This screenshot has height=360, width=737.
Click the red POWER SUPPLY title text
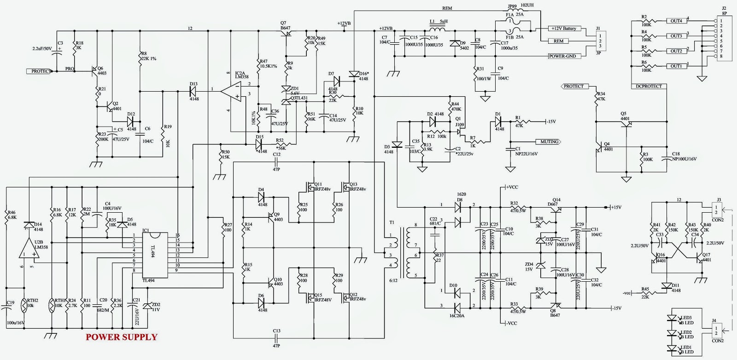coord(122,337)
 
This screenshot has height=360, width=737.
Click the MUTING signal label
coord(549,142)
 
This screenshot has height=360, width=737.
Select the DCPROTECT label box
coord(649,86)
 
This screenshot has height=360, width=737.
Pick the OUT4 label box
coord(676,21)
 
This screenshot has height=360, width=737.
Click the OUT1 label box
coord(676,66)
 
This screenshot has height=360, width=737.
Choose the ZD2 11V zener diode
coord(147,307)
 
